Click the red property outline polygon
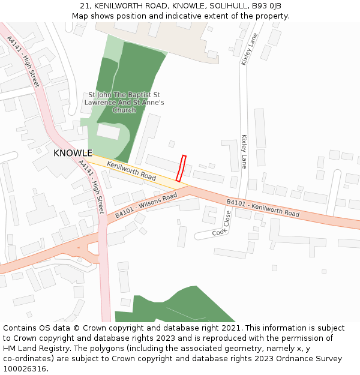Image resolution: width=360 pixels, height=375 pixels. (181, 168)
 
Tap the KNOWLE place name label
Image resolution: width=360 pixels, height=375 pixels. (73, 154)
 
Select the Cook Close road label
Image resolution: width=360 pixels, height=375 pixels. (222, 223)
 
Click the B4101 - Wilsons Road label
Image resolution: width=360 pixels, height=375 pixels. (146, 205)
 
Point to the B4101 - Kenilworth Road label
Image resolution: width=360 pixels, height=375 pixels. (262, 208)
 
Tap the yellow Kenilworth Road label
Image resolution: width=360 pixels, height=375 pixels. (131, 171)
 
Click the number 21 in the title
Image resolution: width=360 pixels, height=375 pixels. (84, 6)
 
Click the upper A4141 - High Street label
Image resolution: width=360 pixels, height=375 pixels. (23, 62)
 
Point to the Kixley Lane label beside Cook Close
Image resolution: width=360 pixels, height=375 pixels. (244, 151)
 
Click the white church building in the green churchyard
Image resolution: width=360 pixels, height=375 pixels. (109, 131)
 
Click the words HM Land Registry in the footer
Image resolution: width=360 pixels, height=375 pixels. (35, 349)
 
